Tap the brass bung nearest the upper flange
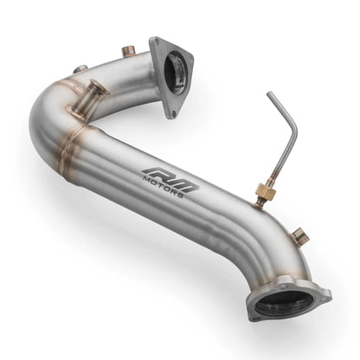point(128,53)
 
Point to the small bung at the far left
point(80,68)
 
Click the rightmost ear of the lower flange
point(325,294)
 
